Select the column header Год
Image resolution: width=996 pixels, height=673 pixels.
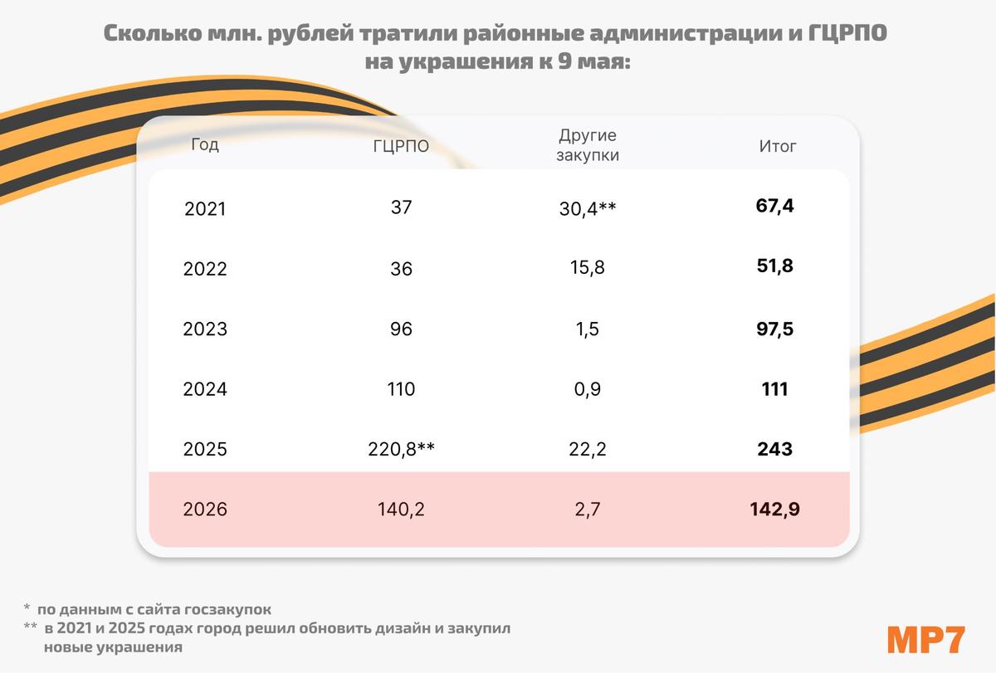point(205,144)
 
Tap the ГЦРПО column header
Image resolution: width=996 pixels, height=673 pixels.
point(401,147)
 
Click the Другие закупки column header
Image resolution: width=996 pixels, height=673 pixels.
point(588,144)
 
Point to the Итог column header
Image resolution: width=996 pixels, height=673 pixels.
point(778,147)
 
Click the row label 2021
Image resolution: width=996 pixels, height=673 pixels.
point(205,208)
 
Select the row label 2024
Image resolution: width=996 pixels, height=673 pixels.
point(205,389)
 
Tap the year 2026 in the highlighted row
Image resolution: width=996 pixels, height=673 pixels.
point(205,510)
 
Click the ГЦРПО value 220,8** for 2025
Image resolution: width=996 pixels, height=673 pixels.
point(401,449)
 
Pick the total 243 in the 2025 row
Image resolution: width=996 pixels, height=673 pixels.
point(775,449)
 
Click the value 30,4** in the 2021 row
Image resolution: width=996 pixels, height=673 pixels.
point(588,208)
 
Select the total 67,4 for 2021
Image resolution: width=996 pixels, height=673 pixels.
point(775,206)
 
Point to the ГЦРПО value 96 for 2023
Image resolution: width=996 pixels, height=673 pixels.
point(401,329)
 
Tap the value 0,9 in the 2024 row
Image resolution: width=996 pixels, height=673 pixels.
point(588,389)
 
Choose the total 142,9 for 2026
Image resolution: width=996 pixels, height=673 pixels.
point(775,510)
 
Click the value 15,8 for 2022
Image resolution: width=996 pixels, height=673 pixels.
point(588,269)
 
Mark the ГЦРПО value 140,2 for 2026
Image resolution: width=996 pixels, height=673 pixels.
point(401,510)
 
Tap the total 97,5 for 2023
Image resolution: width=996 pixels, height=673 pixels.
point(775,329)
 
